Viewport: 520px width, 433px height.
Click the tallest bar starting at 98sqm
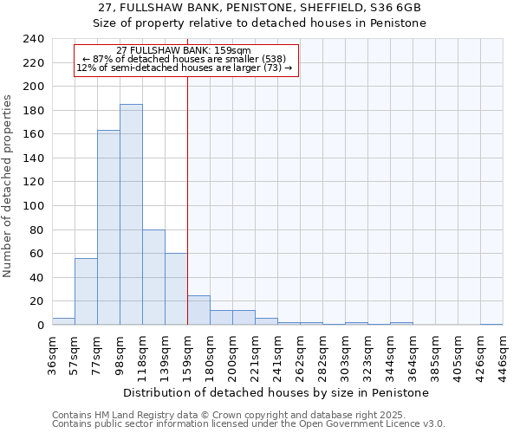pos(131,215)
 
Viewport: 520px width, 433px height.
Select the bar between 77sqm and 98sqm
pos(108,228)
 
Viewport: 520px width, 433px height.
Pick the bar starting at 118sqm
pos(153,277)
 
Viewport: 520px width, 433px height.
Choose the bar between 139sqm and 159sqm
pos(176,289)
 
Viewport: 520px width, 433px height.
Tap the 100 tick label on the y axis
pos(34,206)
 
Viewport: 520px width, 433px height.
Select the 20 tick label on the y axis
pos(37,301)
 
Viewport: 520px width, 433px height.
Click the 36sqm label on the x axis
pos(53,353)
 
